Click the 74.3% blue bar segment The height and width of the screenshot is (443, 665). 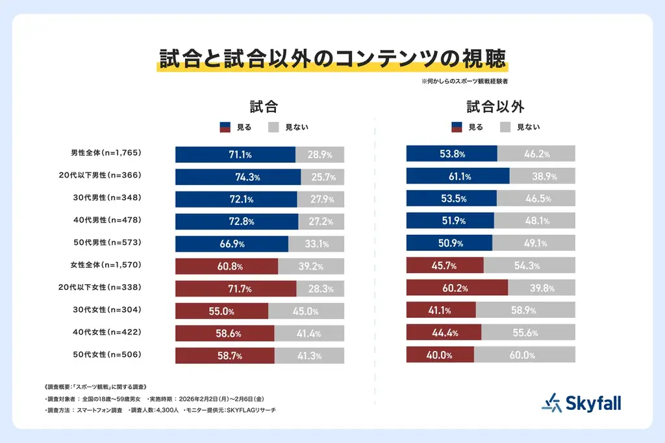point(238,177)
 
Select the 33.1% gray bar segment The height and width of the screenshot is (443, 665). point(316,244)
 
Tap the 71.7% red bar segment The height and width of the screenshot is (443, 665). point(236,289)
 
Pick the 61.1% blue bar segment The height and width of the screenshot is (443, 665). point(458,177)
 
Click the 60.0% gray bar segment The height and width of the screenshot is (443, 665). point(524,355)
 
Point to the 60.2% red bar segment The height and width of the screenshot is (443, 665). point(457,289)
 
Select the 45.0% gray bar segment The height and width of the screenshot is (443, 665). point(306,311)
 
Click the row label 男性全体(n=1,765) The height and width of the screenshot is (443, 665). point(105,153)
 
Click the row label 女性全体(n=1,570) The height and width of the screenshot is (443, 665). point(105,265)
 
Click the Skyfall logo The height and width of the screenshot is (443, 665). point(581,403)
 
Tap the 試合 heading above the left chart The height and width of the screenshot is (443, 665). point(264,107)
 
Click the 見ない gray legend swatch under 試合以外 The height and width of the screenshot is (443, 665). point(505,127)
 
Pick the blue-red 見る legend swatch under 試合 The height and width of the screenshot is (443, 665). point(226,127)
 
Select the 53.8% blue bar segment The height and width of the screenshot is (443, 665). point(451,154)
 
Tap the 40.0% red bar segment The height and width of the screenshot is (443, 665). point(440,355)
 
